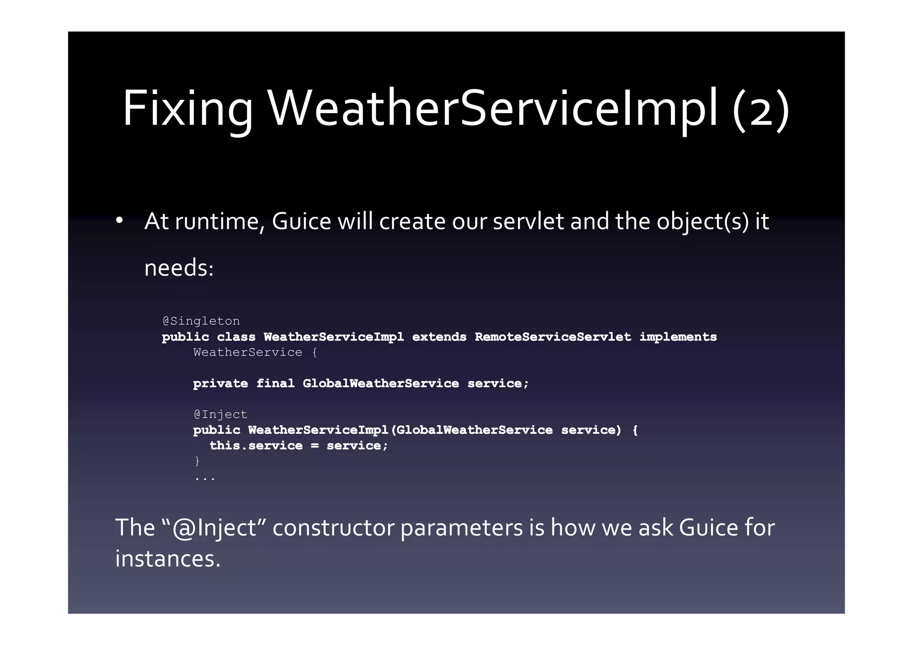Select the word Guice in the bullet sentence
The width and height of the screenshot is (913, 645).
301,221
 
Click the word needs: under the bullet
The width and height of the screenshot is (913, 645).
179,268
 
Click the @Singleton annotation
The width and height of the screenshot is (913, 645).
201,321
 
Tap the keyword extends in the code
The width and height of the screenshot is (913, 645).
439,337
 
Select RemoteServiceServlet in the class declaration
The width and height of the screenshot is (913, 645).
553,337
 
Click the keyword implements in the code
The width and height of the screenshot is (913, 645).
678,337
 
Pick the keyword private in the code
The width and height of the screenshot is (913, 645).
220,384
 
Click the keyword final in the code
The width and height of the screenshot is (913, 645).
275,384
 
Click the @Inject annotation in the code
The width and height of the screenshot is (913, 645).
220,415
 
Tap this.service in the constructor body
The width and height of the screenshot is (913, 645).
256,446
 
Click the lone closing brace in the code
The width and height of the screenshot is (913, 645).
197,461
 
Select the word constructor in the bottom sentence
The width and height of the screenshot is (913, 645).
333,528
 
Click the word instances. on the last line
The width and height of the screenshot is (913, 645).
168,559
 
